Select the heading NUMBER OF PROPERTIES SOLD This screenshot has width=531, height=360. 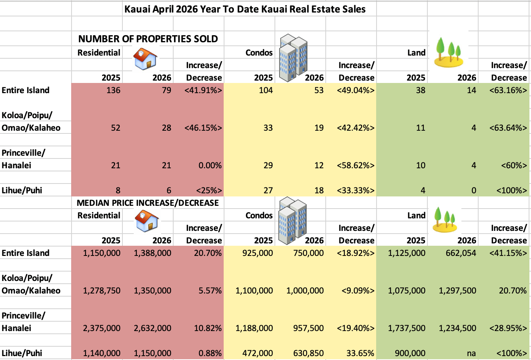148,39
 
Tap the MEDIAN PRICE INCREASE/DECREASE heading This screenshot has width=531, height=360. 148,203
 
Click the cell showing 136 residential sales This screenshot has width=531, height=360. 113,90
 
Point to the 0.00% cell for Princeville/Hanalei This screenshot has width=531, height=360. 210,165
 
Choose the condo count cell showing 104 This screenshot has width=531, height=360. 265,90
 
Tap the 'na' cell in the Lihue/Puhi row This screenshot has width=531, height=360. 471,353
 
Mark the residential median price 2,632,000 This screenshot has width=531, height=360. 152,328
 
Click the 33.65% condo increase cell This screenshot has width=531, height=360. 360,353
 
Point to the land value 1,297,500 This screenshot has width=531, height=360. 457,290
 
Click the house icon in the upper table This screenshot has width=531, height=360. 145,59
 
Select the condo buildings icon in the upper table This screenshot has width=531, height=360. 293,58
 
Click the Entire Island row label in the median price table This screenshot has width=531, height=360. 25,253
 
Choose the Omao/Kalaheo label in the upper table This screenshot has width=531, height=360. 31,128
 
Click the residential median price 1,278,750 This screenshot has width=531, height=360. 102,290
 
